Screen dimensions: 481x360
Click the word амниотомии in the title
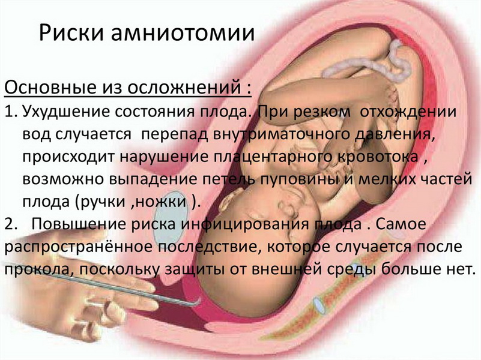pos(183,33)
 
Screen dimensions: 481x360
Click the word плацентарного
pos(273,157)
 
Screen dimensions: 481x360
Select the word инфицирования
pos(244,224)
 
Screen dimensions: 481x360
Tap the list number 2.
pos(11,224)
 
